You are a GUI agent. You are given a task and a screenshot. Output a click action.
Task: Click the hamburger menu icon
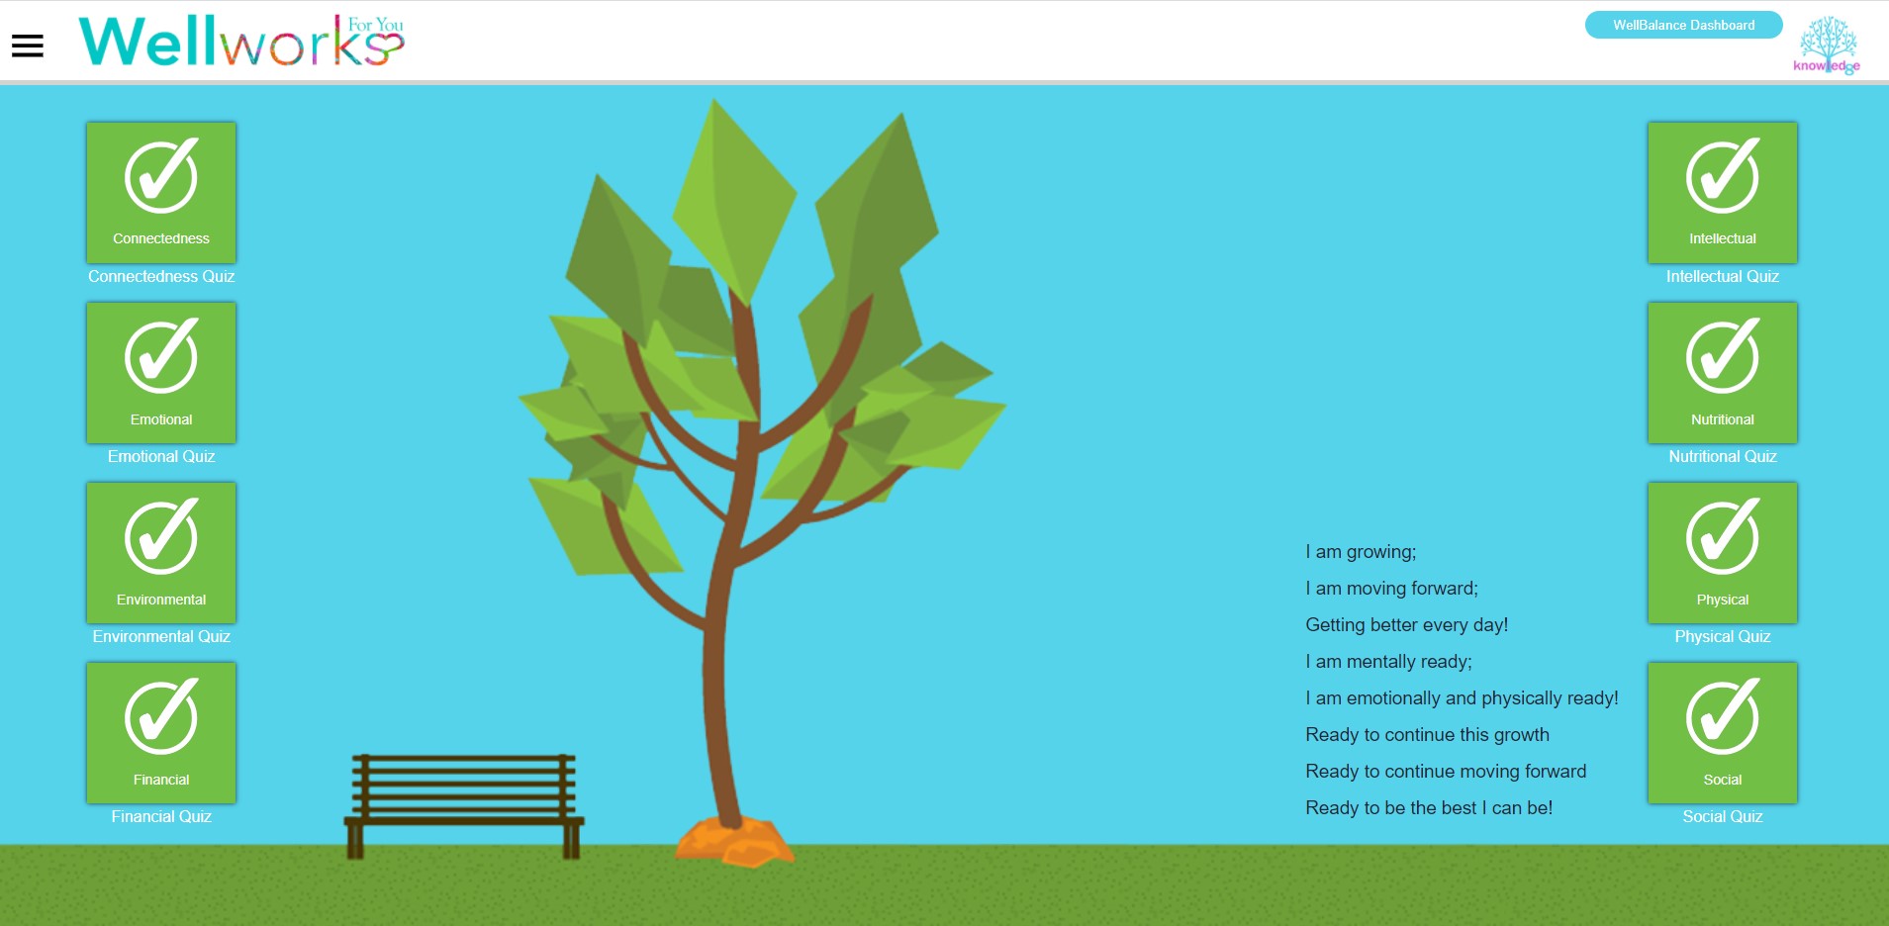pos(28,46)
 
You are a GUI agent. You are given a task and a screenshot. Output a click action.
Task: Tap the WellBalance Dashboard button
pos(1683,25)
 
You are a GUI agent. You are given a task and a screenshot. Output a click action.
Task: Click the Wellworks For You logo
pos(241,41)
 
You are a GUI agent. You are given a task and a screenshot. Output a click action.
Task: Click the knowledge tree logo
pos(1827,45)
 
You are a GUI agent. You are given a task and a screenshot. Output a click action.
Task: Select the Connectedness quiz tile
pos(161,193)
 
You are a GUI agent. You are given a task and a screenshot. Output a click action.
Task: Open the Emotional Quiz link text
pos(161,456)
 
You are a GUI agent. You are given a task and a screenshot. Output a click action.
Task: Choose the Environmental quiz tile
pos(161,553)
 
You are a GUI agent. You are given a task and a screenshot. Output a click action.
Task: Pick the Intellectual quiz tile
pos(1723,193)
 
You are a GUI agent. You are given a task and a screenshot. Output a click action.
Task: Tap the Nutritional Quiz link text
pos(1723,456)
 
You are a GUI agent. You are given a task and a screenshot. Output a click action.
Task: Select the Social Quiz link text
pos(1723,816)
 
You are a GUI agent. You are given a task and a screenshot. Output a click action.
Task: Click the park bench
pos(464,805)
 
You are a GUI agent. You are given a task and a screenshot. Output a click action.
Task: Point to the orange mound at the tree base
pos(734,841)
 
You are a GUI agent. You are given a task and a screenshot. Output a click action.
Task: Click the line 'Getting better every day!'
pos(1406,625)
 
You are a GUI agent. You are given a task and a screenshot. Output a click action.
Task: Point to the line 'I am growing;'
pos(1361,552)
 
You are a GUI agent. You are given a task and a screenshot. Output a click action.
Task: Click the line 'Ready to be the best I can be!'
pos(1429,808)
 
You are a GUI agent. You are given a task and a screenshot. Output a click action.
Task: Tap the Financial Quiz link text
pos(161,816)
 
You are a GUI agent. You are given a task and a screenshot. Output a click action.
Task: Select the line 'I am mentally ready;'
pos(1388,662)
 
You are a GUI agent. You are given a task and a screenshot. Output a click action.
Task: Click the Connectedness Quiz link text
pos(161,276)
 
